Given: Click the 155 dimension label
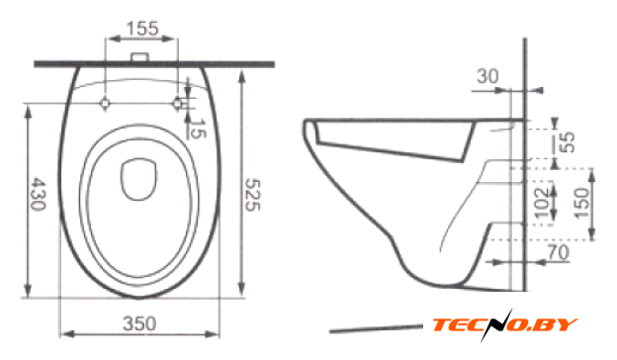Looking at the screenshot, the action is (142, 28).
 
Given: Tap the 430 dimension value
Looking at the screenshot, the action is (39, 194).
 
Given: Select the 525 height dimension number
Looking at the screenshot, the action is (252, 195).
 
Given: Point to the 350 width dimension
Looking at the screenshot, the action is (139, 323).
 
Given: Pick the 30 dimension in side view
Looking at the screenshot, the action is (487, 76).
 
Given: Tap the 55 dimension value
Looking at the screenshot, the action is (568, 142).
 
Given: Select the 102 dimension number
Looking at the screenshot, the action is (542, 203).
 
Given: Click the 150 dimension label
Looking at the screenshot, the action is (582, 203).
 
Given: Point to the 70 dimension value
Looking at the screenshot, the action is (559, 252).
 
